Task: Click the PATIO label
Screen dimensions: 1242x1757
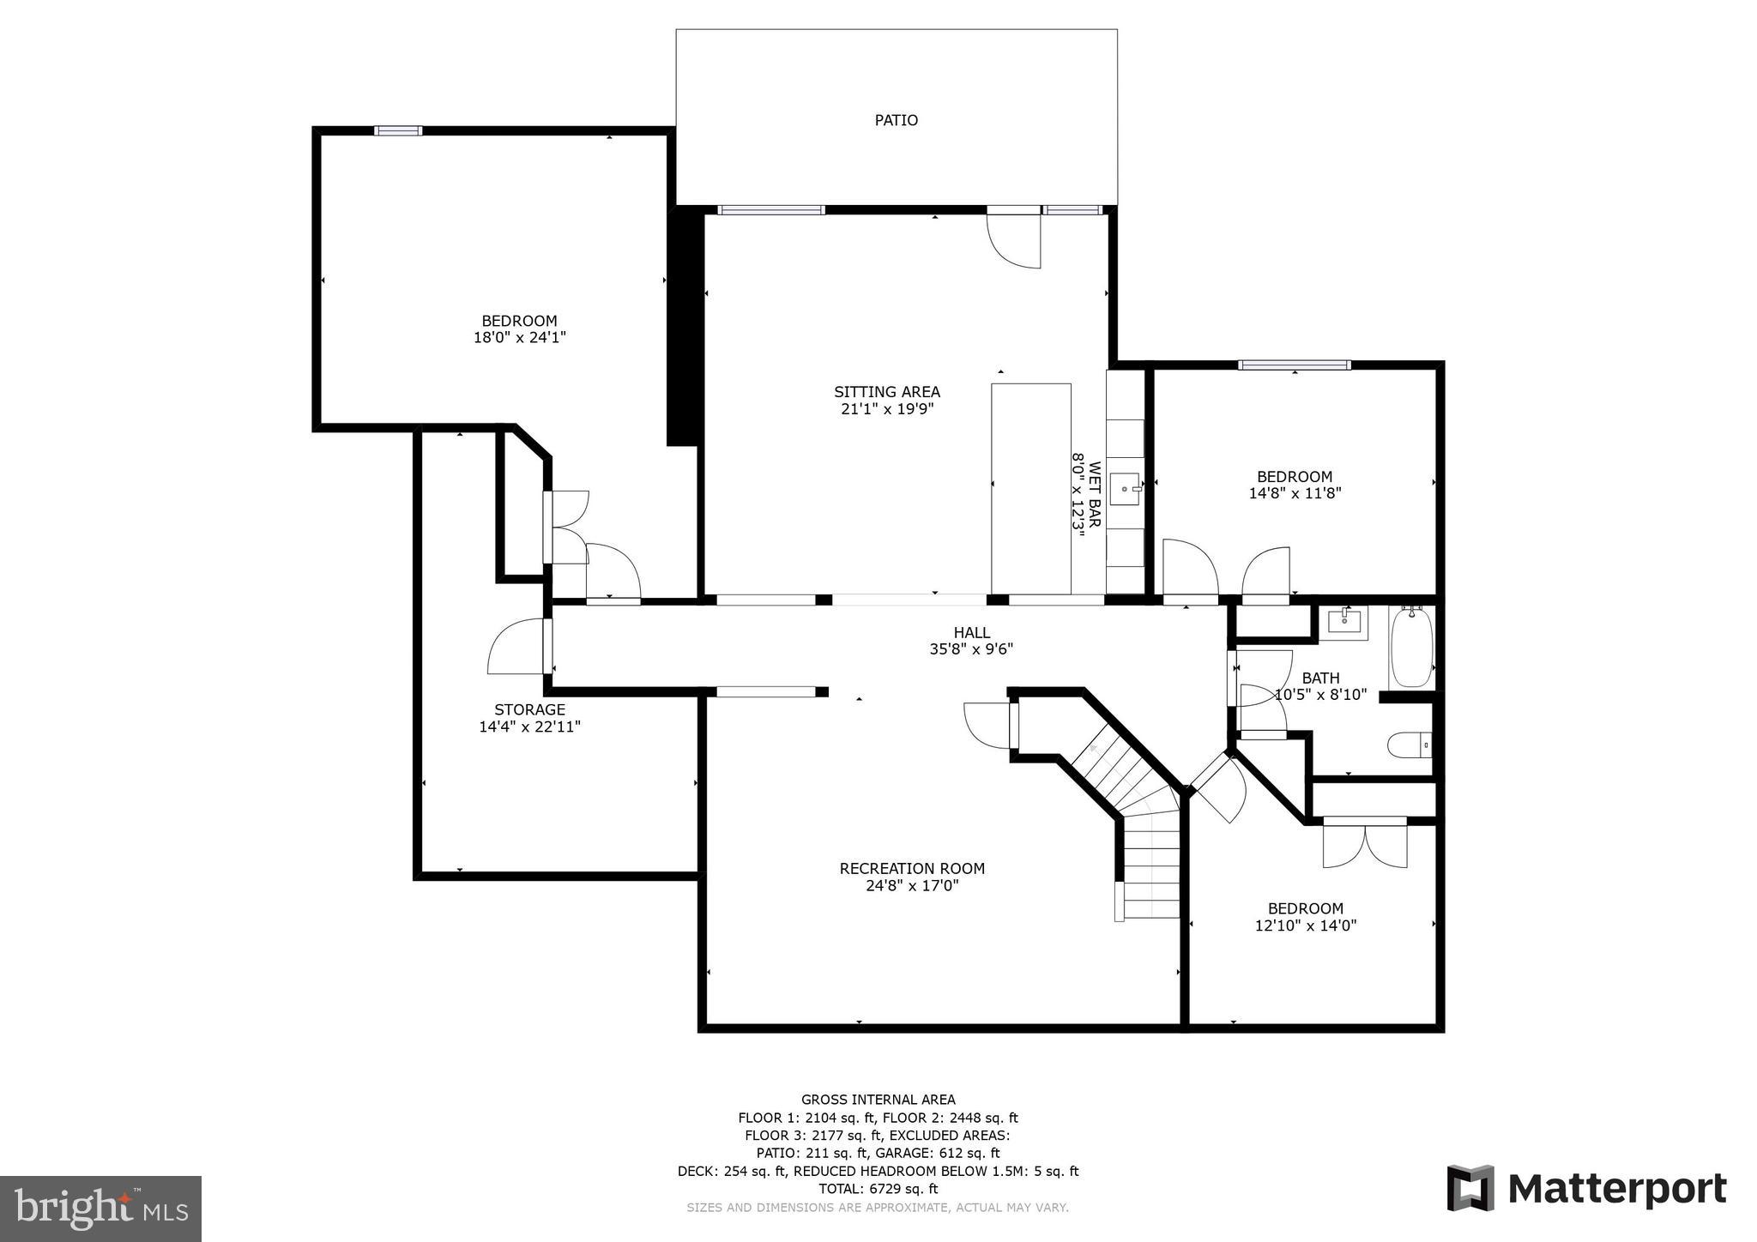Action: click(x=896, y=120)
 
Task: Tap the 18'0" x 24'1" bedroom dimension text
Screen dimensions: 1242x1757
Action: click(x=519, y=338)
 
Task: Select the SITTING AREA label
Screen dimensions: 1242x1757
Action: click(x=886, y=392)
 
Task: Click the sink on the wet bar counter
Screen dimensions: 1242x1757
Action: click(x=1125, y=489)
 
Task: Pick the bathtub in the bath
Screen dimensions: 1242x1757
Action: click(x=1411, y=648)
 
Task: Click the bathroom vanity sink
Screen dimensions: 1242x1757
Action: click(x=1343, y=621)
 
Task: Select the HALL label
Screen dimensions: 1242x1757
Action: click(x=971, y=633)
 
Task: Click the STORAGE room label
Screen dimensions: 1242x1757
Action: click(x=529, y=709)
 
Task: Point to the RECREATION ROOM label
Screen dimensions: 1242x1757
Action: click(x=911, y=868)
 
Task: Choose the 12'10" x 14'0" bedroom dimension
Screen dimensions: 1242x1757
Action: click(x=1305, y=925)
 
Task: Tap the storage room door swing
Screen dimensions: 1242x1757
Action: click(x=516, y=648)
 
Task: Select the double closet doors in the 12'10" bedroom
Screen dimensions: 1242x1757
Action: click(x=1364, y=844)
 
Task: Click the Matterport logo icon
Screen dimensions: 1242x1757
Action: click(x=1470, y=1188)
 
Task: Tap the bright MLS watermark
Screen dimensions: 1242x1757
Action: click(x=100, y=1209)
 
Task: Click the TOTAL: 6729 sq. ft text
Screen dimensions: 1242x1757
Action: click(x=878, y=1189)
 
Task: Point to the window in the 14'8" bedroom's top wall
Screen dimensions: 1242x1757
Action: click(x=1294, y=365)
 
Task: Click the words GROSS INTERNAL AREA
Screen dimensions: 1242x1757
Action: click(x=878, y=1100)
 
